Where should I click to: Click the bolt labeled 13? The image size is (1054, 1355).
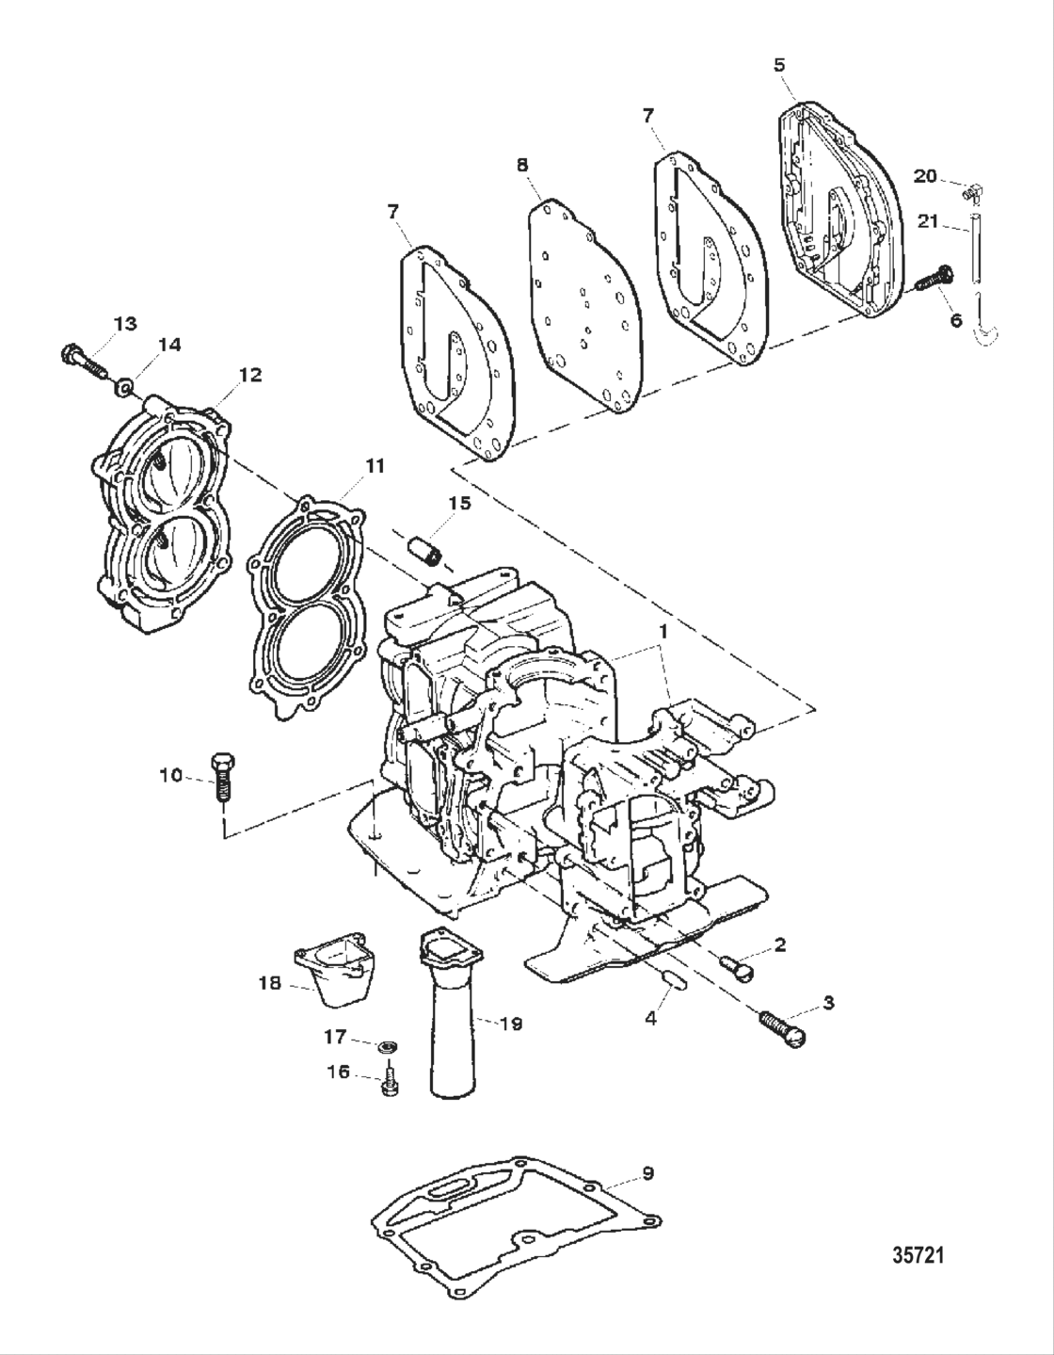[84, 361]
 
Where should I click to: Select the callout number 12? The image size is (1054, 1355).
[249, 375]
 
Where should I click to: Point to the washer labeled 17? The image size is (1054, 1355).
[385, 1046]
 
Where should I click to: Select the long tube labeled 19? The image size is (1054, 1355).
[451, 1017]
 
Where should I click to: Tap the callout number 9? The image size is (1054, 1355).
[647, 1173]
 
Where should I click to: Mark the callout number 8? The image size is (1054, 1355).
[522, 166]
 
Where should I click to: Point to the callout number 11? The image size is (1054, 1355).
[375, 465]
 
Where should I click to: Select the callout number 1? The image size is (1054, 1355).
[663, 632]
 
